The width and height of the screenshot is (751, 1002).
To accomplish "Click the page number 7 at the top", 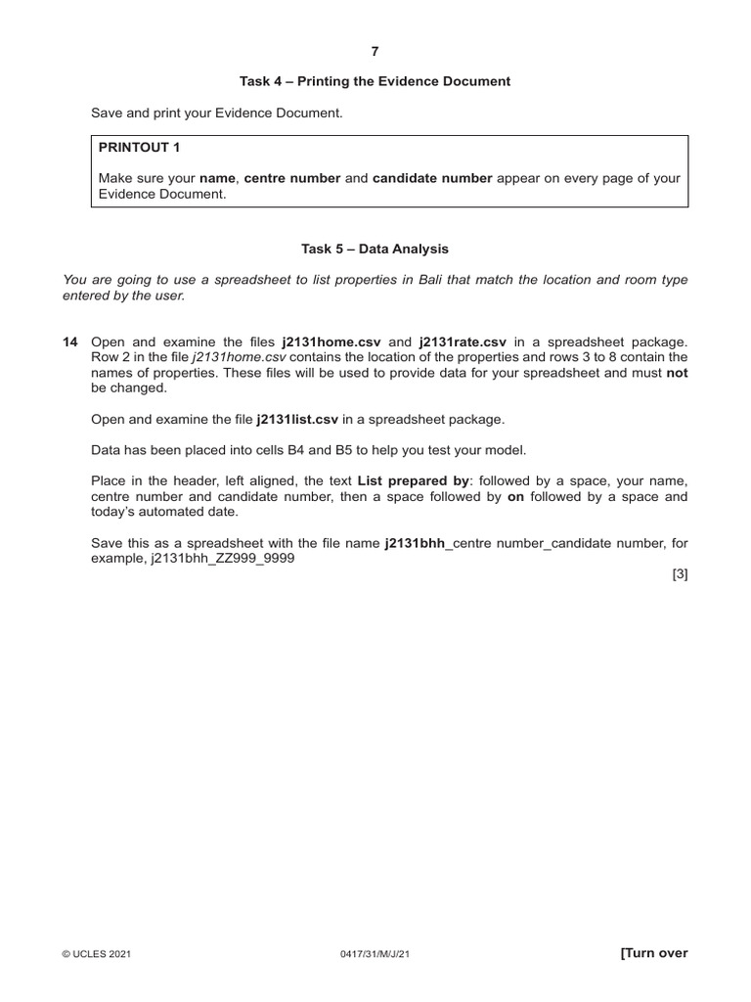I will pyautogui.click(x=375, y=51).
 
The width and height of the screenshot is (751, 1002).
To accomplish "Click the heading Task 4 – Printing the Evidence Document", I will pyautogui.click(x=375, y=81).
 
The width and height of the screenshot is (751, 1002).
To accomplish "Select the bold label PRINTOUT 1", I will pyautogui.click(x=139, y=147).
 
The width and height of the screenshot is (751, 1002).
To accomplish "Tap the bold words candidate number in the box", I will pyautogui.click(x=432, y=178).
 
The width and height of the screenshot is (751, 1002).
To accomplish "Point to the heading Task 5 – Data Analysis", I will pyautogui.click(x=375, y=250).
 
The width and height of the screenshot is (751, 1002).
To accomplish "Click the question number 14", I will pyautogui.click(x=69, y=342).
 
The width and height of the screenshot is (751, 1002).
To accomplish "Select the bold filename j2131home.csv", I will pyautogui.click(x=332, y=342).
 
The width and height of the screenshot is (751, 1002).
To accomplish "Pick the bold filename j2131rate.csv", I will pyautogui.click(x=463, y=342).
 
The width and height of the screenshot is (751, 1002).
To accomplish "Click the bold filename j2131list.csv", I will pyautogui.click(x=297, y=419).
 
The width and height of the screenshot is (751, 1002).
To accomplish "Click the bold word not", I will pyautogui.click(x=677, y=373).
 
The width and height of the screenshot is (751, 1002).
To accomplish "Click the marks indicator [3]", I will pyautogui.click(x=680, y=574).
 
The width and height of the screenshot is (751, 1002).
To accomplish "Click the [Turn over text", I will pyautogui.click(x=654, y=954).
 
